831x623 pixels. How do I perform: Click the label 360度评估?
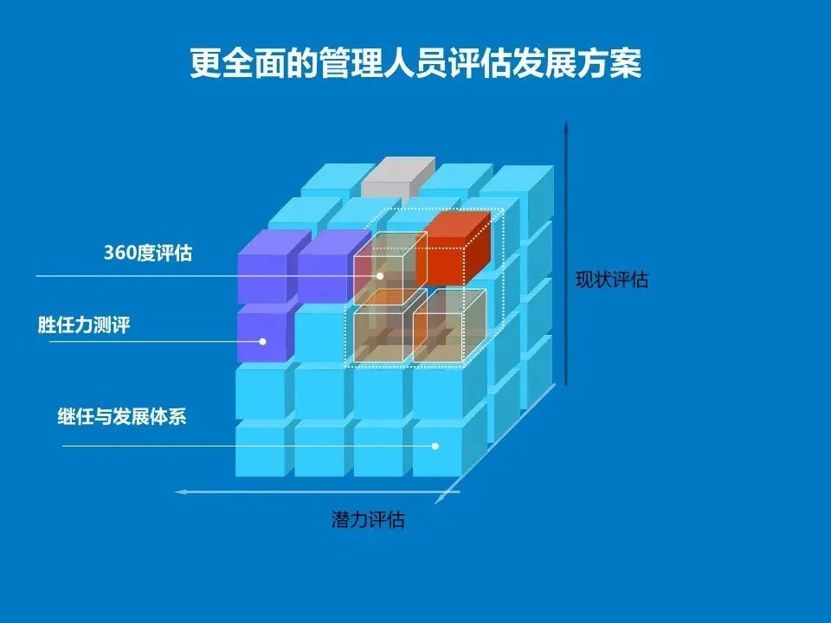(148, 254)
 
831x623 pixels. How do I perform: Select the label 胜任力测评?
(84, 326)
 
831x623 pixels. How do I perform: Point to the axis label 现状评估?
(611, 279)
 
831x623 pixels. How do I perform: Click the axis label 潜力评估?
(368, 520)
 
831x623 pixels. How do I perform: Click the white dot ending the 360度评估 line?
(379, 276)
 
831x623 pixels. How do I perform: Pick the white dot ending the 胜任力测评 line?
(262, 342)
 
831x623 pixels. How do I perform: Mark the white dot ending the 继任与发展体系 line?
(435, 446)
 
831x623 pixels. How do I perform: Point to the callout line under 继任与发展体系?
(173, 446)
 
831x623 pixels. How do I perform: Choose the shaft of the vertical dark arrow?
(565, 260)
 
